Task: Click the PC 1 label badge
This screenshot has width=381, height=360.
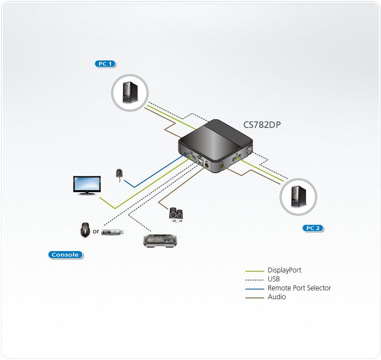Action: pyautogui.click(x=105, y=64)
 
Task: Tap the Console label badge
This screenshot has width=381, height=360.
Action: pyautogui.click(x=65, y=254)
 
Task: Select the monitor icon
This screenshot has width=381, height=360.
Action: pyautogui.click(x=87, y=185)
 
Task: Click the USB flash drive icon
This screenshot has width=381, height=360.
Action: pyautogui.click(x=113, y=232)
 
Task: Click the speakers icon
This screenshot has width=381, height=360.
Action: pyautogui.click(x=176, y=214)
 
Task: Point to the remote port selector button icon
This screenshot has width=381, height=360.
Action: pyautogui.click(x=119, y=174)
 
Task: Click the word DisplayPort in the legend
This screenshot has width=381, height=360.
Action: pyautogui.click(x=284, y=270)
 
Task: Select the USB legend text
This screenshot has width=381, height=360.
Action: pyautogui.click(x=274, y=279)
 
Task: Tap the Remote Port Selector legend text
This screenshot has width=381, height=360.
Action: pyautogui.click(x=299, y=288)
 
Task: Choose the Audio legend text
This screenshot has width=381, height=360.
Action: pyautogui.click(x=276, y=297)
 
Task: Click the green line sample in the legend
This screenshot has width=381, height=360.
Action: pyautogui.click(x=254, y=271)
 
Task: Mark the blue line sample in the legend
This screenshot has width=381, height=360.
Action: pyautogui.click(x=254, y=289)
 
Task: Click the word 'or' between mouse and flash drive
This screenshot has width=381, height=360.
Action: pyautogui.click(x=96, y=231)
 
